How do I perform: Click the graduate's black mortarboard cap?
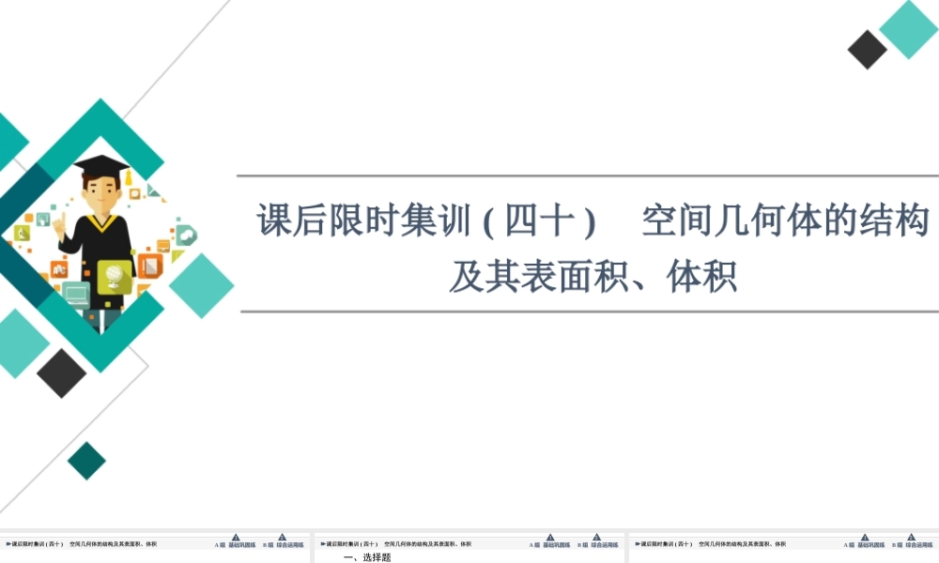point(101,165)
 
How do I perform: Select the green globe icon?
point(115,275)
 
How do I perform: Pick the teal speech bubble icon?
point(186,235)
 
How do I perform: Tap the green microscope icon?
point(20,232)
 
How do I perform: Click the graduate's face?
point(101,193)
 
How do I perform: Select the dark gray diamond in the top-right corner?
point(868,50)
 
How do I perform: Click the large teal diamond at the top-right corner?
point(908,29)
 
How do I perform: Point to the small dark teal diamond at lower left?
point(86,461)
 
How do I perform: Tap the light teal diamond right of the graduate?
point(201,285)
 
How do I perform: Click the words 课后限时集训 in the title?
point(362,221)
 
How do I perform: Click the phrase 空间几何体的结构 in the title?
point(785,221)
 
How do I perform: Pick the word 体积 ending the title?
point(700,277)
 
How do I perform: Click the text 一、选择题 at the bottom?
point(367,557)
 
